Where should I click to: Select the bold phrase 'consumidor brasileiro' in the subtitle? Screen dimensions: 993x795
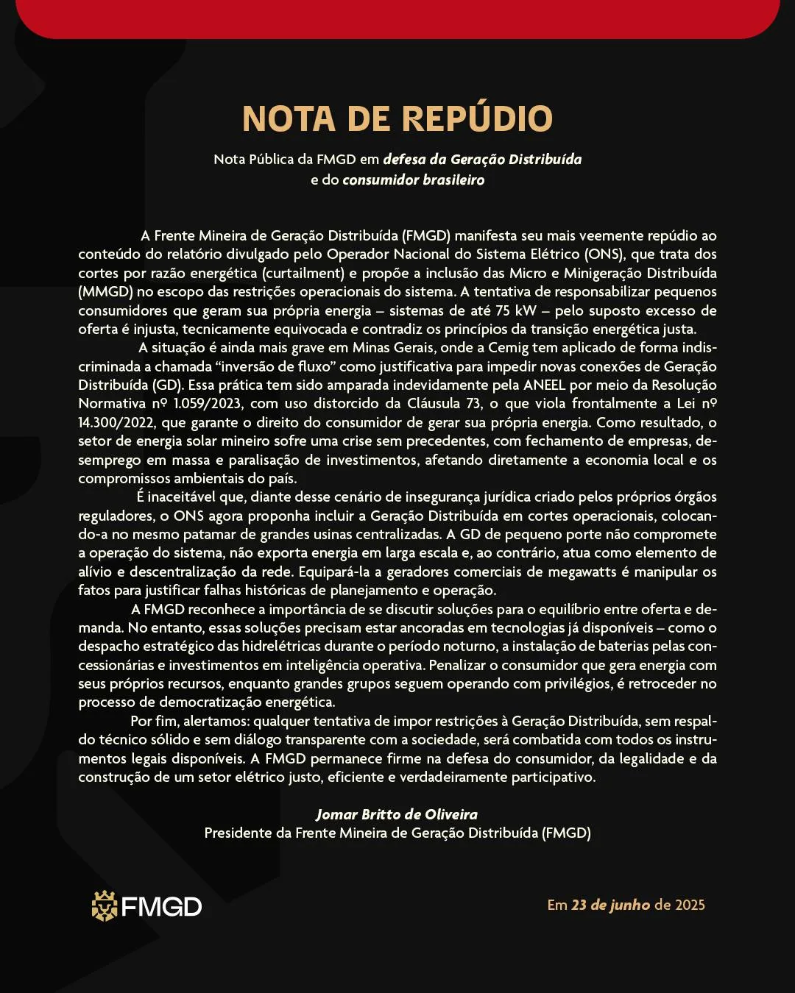pyautogui.click(x=413, y=180)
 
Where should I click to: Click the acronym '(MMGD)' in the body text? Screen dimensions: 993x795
pyautogui.click(x=105, y=291)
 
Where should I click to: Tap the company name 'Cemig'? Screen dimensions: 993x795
pyautogui.click(x=509, y=347)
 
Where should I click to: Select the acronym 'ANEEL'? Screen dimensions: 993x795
pyautogui.click(x=548, y=385)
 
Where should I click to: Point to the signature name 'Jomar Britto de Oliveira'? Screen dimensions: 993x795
pyautogui.click(x=397, y=814)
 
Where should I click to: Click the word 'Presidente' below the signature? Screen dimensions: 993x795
pyautogui.click(x=239, y=833)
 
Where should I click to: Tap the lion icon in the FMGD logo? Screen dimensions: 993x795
pyautogui.click(x=105, y=906)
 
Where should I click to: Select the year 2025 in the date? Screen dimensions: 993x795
pyautogui.click(x=690, y=905)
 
